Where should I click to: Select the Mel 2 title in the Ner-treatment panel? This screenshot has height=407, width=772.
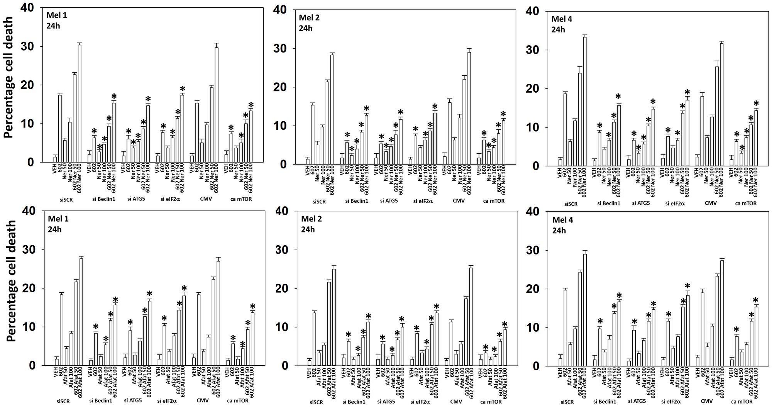[309, 17]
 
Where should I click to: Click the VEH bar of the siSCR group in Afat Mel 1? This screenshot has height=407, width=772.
[57, 362]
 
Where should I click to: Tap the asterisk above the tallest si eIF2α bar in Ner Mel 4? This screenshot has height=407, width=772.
[687, 93]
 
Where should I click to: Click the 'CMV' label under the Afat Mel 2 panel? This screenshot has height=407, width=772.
[456, 402]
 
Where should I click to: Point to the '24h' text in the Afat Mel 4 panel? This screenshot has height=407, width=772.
[559, 231]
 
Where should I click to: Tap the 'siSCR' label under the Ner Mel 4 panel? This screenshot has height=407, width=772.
[571, 203]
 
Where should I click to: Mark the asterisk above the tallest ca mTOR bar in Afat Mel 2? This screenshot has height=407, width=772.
[504, 324]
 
